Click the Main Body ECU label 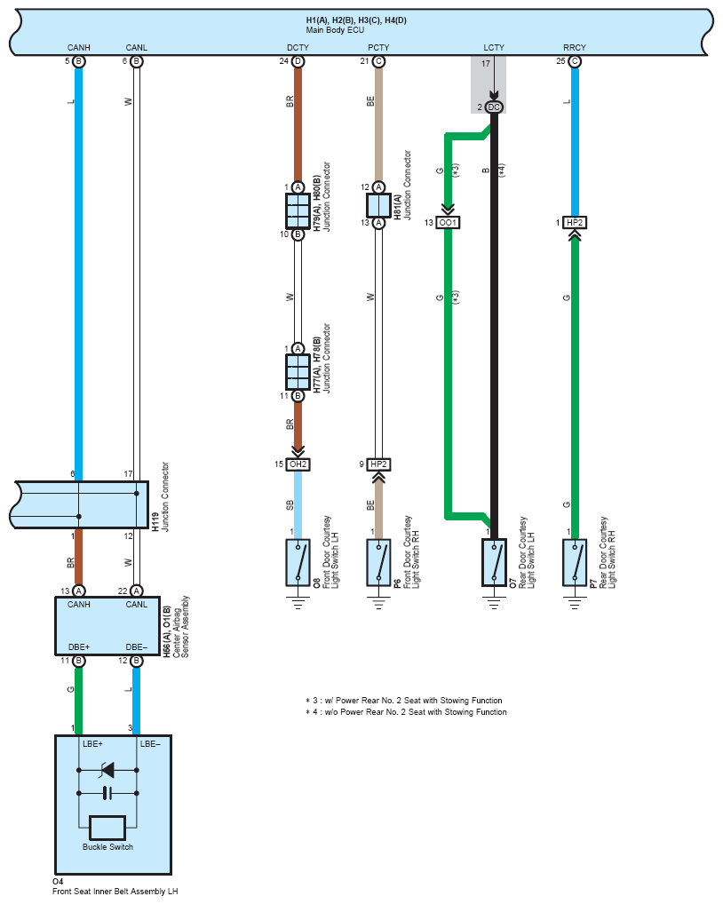pyautogui.click(x=335, y=30)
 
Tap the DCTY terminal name pyautogui.click(x=298, y=47)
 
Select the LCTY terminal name pyautogui.click(x=494, y=47)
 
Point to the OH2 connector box pyautogui.click(x=298, y=464)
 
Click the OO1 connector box pyautogui.click(x=448, y=223)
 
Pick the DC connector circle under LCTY pyautogui.click(x=494, y=107)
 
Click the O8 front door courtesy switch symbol pyautogui.click(x=298, y=563)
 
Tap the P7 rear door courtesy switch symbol pyautogui.click(x=575, y=563)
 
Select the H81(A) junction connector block pyautogui.click(x=378, y=205)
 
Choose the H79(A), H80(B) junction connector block pyautogui.click(x=298, y=211)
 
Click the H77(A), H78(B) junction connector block pyautogui.click(x=298, y=372)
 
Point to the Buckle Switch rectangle pyautogui.click(x=107, y=828)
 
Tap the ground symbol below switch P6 pyautogui.click(x=378, y=604)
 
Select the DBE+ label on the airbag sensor pyautogui.click(x=79, y=646)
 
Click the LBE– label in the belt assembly pyautogui.click(x=150, y=744)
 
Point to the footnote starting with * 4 pyautogui.click(x=406, y=712)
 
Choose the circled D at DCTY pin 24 pyautogui.click(x=298, y=61)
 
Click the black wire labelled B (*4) pyautogui.click(x=494, y=323)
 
